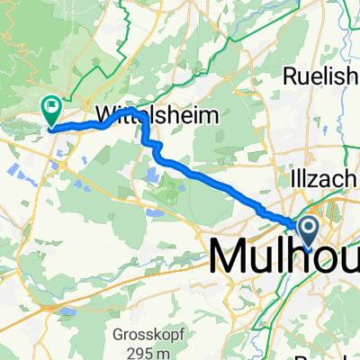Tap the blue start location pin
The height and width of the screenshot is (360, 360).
[x=307, y=231]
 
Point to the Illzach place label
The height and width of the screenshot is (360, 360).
[x=332, y=180]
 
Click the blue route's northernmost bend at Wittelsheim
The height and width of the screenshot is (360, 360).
[x=132, y=110]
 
